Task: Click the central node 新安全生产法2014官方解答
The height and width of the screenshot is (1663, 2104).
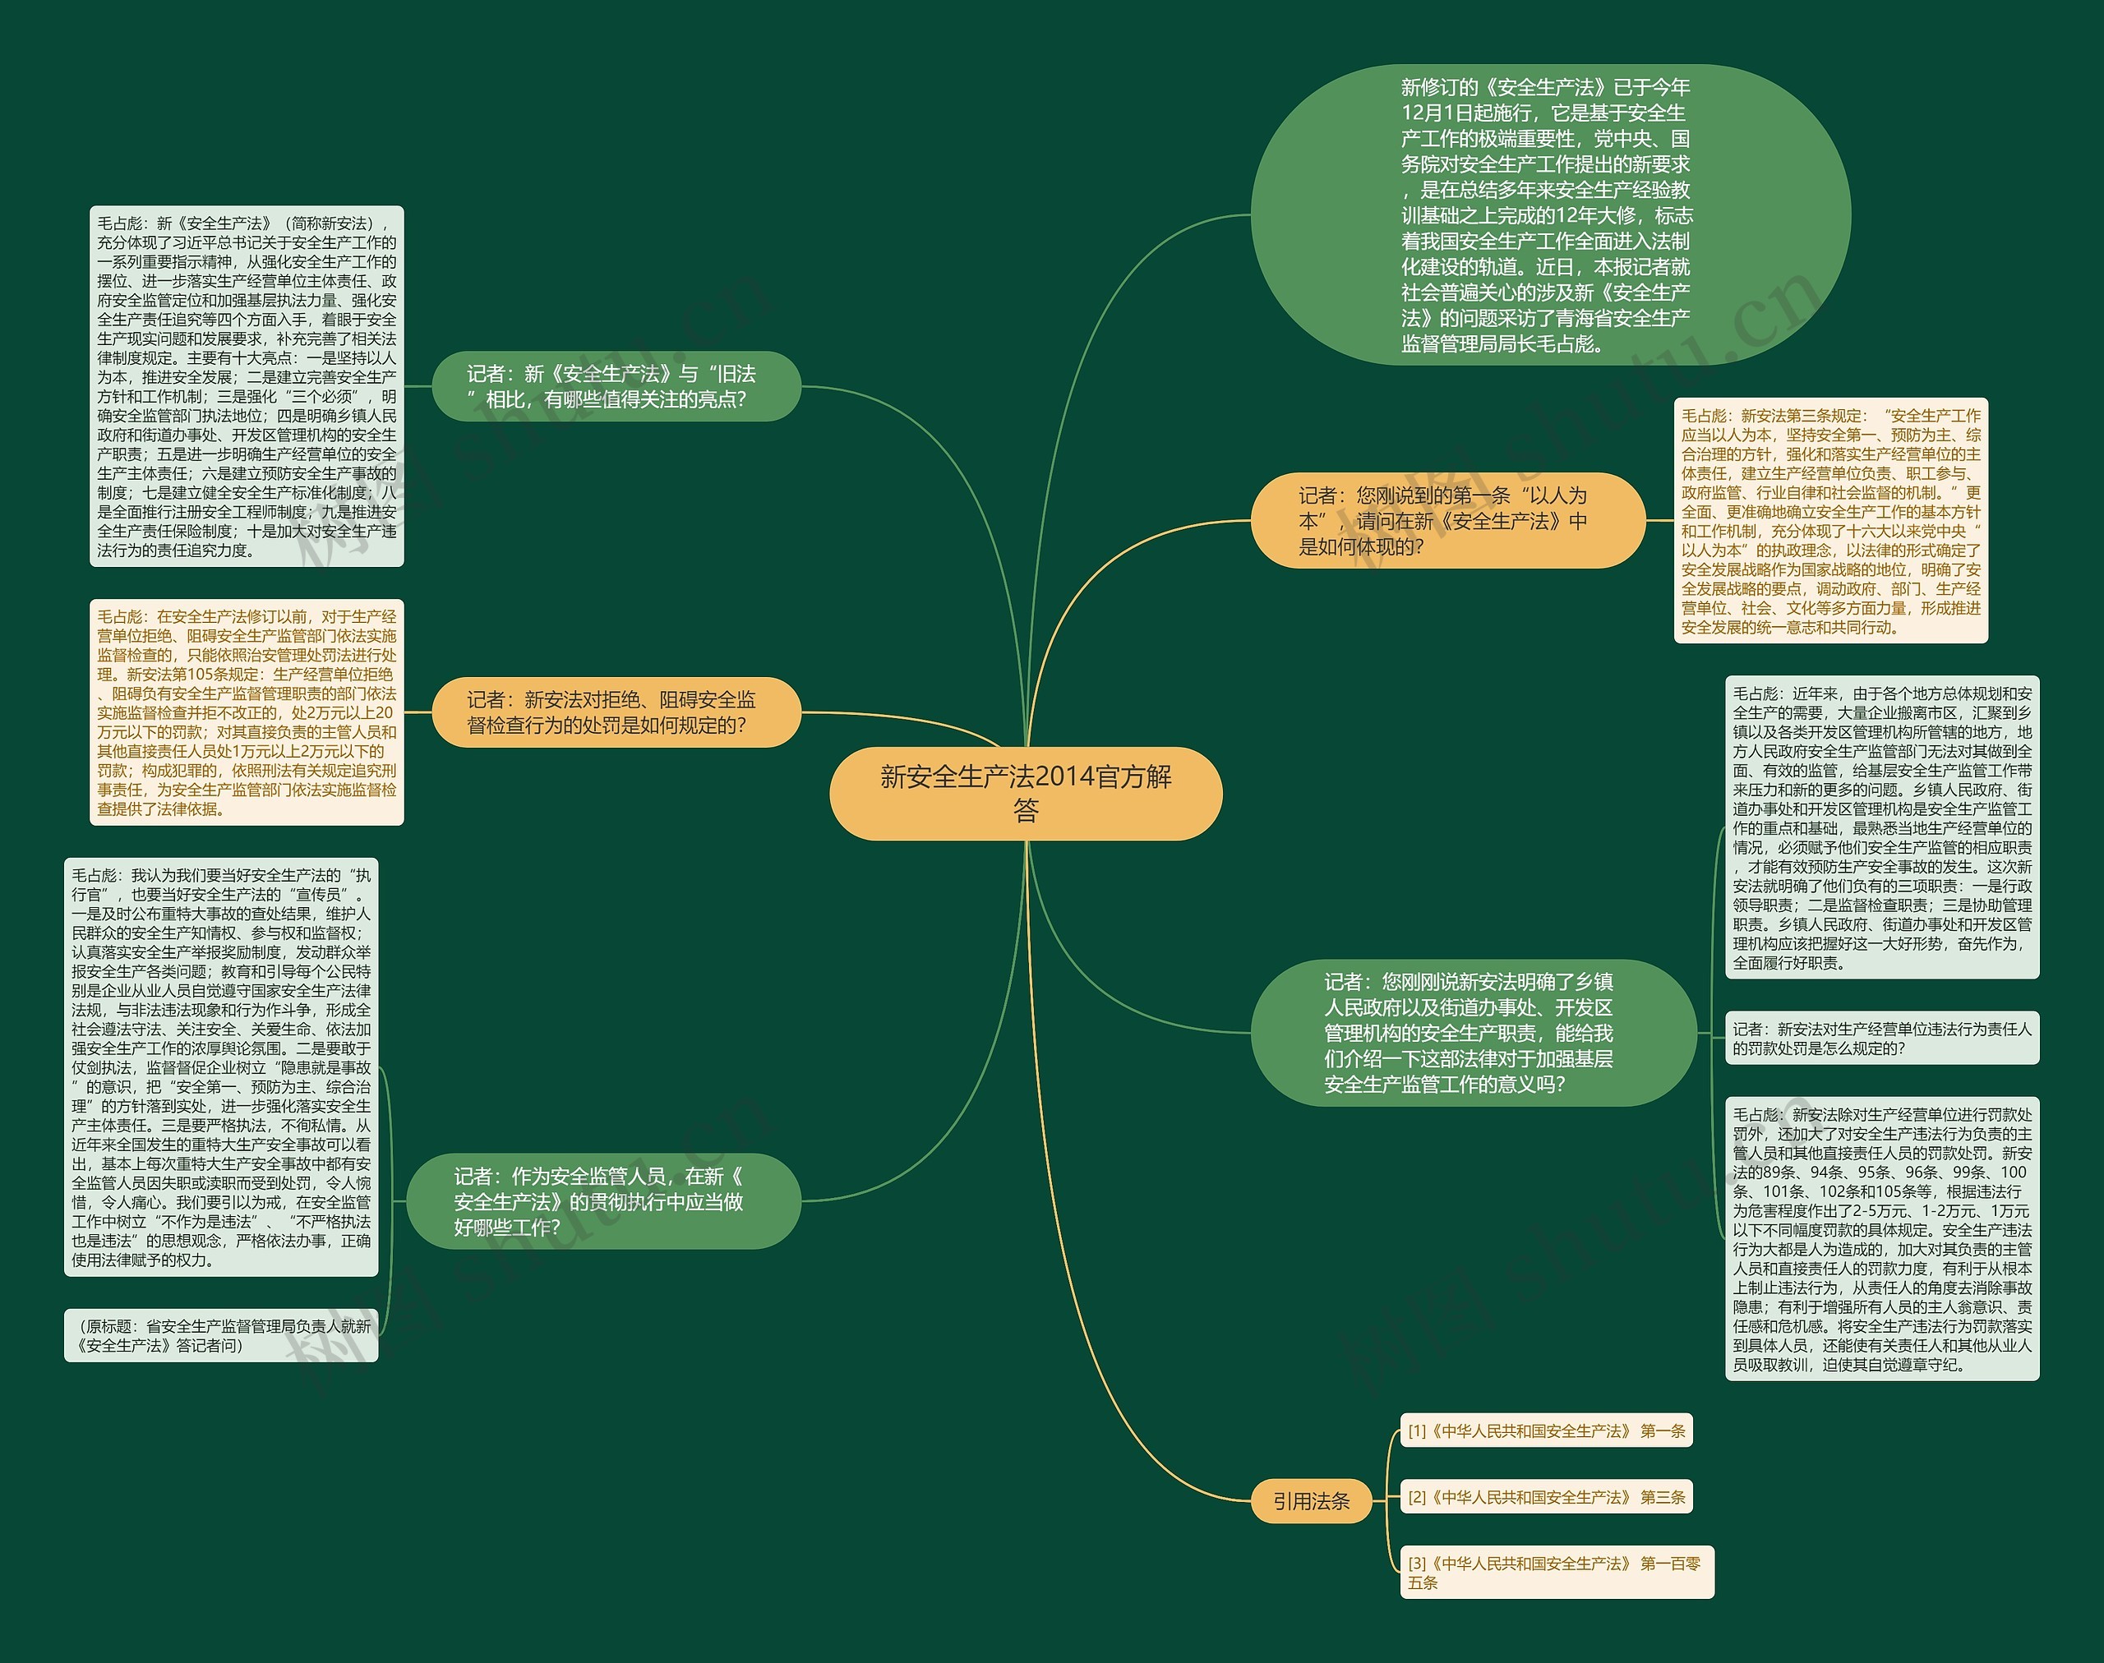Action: click(x=1025, y=793)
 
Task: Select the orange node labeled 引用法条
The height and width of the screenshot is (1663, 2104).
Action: click(x=1311, y=1500)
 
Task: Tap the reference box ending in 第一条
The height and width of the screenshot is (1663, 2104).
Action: click(x=1546, y=1430)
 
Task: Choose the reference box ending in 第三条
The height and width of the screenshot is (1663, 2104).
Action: click(x=1546, y=1496)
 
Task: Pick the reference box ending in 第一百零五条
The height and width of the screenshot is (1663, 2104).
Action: click(x=1556, y=1572)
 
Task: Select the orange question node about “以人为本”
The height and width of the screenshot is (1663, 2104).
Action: click(x=1447, y=521)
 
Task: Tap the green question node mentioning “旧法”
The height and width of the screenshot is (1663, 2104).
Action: click(x=616, y=386)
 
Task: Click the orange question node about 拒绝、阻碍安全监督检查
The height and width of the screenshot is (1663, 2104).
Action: click(x=616, y=712)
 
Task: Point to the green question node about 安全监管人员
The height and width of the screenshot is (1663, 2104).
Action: click(x=603, y=1201)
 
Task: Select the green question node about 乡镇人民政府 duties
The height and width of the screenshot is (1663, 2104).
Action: click(x=1473, y=1032)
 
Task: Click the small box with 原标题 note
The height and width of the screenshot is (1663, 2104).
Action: click(x=221, y=1335)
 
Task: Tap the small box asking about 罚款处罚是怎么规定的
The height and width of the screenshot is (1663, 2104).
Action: click(x=1882, y=1038)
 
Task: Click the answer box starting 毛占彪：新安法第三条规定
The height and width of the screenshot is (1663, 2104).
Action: click(x=1830, y=521)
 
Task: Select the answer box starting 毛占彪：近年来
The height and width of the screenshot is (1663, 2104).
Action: click(x=1882, y=827)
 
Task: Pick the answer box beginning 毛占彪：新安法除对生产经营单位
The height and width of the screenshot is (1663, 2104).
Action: click(x=1882, y=1238)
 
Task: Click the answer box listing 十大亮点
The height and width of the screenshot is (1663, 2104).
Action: click(x=247, y=386)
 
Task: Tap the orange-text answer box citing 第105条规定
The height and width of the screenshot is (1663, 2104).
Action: click(x=247, y=712)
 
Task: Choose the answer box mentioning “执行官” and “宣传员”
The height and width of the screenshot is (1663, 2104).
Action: click(x=221, y=1067)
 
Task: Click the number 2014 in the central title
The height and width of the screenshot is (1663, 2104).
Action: click(x=1064, y=777)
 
